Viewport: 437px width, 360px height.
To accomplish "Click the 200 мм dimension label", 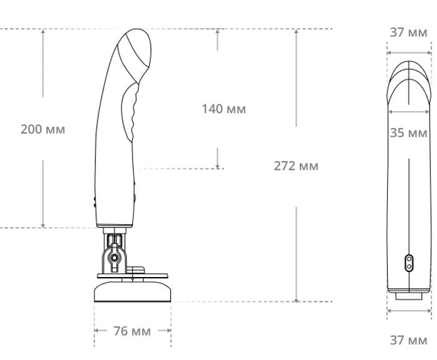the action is pos(43,130).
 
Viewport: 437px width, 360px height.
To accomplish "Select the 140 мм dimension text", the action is pos(223,109).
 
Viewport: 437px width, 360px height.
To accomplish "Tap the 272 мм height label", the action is pos(296,166).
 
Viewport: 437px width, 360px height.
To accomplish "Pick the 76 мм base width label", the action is pos(132,331).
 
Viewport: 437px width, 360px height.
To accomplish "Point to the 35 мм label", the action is pos(408,133).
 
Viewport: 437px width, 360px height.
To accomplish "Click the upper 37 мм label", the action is pos(408,32).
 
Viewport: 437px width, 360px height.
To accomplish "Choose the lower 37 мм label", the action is pos(408,340).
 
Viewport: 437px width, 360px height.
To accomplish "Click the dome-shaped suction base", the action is pos(132,292).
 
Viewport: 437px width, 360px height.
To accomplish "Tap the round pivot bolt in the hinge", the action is pos(114,258).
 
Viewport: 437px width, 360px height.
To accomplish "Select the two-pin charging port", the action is pos(409,263).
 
